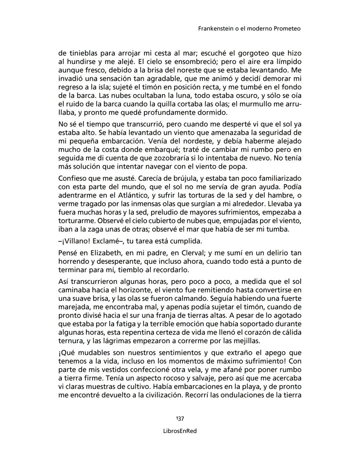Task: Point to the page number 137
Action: (x=180, y=419)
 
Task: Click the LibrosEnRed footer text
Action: (x=180, y=431)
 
